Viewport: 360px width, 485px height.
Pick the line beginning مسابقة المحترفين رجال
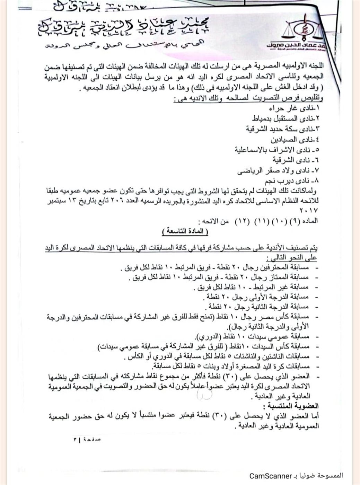(215, 269)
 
